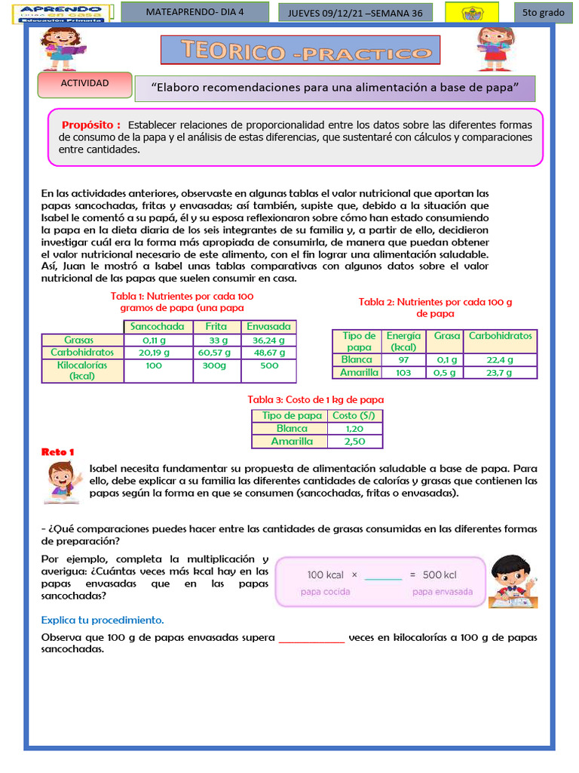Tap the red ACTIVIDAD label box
coord(84,85)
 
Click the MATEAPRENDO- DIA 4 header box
coord(195,13)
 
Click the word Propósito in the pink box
coord(90,125)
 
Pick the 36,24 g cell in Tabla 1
coord(269,340)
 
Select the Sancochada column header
coord(157,327)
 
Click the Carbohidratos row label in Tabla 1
coord(82,353)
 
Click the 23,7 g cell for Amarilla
coord(500,373)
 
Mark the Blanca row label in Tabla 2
coord(357,360)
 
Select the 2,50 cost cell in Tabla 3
coord(354,442)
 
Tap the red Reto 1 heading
coord(58,452)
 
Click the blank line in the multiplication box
coord(383,576)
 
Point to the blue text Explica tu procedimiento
coord(103,620)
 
